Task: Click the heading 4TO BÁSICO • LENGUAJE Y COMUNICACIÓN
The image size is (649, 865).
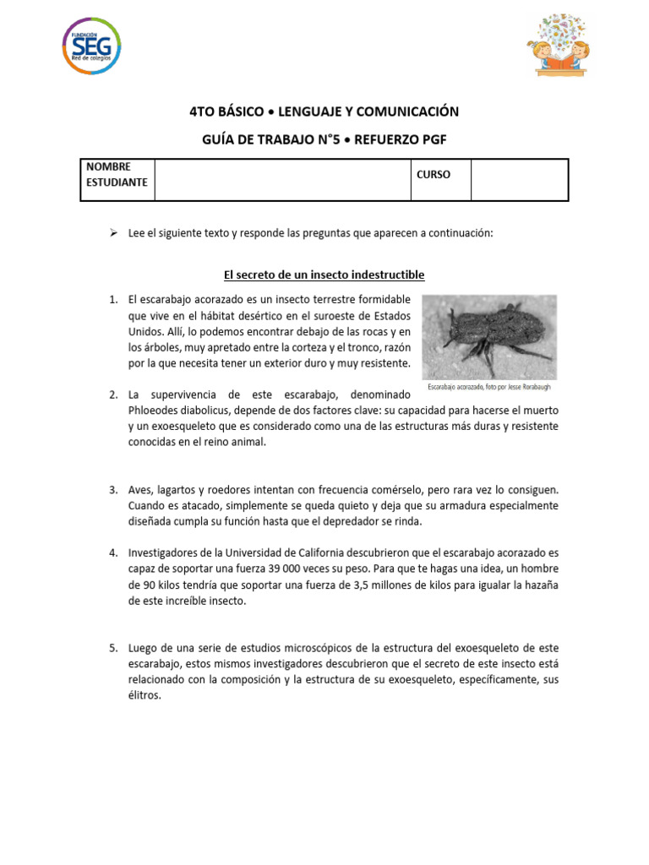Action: coord(324,112)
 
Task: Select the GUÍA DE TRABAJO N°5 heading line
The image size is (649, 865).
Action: coord(324,141)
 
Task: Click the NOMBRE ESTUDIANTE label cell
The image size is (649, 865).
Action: coord(117,175)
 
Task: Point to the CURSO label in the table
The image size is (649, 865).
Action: coord(434,175)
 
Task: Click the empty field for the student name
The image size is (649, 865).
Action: coord(282,180)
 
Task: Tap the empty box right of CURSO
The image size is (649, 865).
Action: coord(519,180)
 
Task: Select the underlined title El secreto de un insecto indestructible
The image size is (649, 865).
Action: coord(324,275)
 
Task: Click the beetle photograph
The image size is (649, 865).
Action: coord(489,336)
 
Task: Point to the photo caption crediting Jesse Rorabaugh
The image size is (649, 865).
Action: coord(489,387)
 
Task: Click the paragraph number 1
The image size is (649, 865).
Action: coord(112,300)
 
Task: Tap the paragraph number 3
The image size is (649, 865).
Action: coord(112,490)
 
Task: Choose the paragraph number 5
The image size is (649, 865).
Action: coord(112,648)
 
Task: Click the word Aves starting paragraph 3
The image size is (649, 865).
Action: coord(141,490)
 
